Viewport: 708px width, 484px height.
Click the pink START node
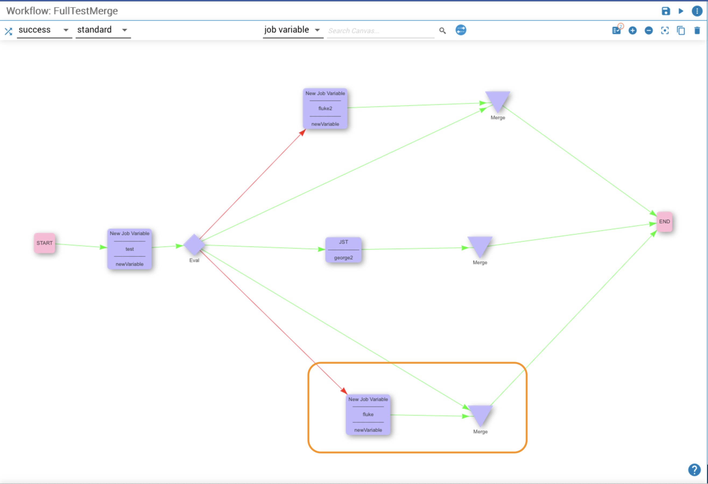(x=44, y=243)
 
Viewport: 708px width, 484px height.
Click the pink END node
(x=664, y=222)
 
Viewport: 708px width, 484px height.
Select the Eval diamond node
(x=194, y=245)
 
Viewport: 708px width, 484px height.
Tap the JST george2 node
(x=343, y=250)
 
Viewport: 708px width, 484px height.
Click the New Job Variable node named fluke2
(x=325, y=109)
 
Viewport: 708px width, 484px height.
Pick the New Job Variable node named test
(x=129, y=249)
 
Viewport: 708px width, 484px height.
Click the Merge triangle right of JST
(x=480, y=246)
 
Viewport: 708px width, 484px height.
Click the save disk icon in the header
(x=666, y=11)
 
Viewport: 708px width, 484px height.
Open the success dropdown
(x=44, y=30)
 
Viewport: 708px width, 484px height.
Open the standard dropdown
(x=103, y=30)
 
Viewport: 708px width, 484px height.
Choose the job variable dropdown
(x=293, y=30)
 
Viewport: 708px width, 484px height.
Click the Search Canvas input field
(x=381, y=31)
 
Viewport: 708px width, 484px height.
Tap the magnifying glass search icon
(x=442, y=30)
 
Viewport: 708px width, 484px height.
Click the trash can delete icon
(x=697, y=30)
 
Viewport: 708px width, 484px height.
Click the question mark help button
(x=694, y=470)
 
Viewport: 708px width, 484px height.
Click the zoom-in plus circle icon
(x=632, y=30)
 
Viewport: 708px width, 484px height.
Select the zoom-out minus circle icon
(x=649, y=30)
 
